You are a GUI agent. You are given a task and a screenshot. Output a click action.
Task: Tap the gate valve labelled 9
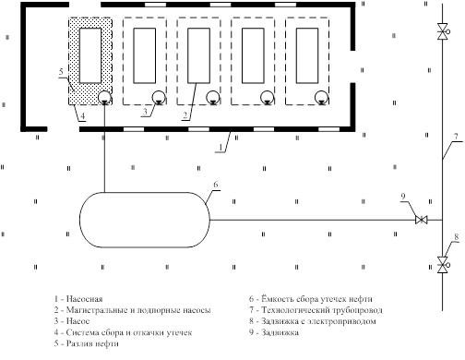(x=421, y=220)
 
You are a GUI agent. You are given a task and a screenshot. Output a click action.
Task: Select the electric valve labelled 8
(x=443, y=265)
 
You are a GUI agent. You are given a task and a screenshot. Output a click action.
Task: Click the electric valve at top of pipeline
(x=443, y=31)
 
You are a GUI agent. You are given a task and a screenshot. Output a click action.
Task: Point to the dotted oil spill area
(x=90, y=61)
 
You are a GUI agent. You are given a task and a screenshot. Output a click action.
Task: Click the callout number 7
(x=456, y=136)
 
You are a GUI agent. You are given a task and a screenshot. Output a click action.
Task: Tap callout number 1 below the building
(x=221, y=148)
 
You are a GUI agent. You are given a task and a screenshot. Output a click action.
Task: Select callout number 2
(x=185, y=115)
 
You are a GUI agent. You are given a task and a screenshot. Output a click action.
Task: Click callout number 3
(x=145, y=112)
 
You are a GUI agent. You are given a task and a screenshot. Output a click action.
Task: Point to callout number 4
(x=82, y=116)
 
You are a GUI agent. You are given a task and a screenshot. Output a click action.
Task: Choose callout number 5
(x=61, y=72)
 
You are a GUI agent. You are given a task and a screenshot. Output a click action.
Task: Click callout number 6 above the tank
(x=216, y=185)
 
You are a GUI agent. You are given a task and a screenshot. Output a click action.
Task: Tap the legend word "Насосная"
(x=84, y=299)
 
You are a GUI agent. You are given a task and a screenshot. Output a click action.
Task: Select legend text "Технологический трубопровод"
(x=322, y=310)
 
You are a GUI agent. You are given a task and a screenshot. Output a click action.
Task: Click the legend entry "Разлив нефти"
(x=87, y=343)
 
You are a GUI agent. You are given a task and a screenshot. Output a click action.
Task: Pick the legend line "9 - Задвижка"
(x=274, y=332)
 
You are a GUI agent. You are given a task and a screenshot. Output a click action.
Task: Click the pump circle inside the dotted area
(x=104, y=98)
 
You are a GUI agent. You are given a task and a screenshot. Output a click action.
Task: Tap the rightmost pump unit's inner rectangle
(x=307, y=55)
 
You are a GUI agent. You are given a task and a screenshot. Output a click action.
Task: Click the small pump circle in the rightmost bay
(x=321, y=98)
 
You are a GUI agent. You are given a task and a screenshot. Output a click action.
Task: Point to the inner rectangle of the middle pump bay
(x=198, y=55)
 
